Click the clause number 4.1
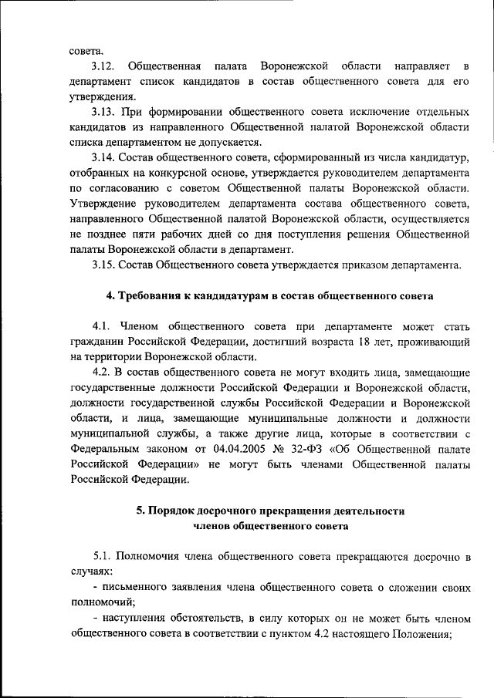click(103, 341)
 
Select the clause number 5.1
click(106, 555)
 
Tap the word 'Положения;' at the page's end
click(423, 633)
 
